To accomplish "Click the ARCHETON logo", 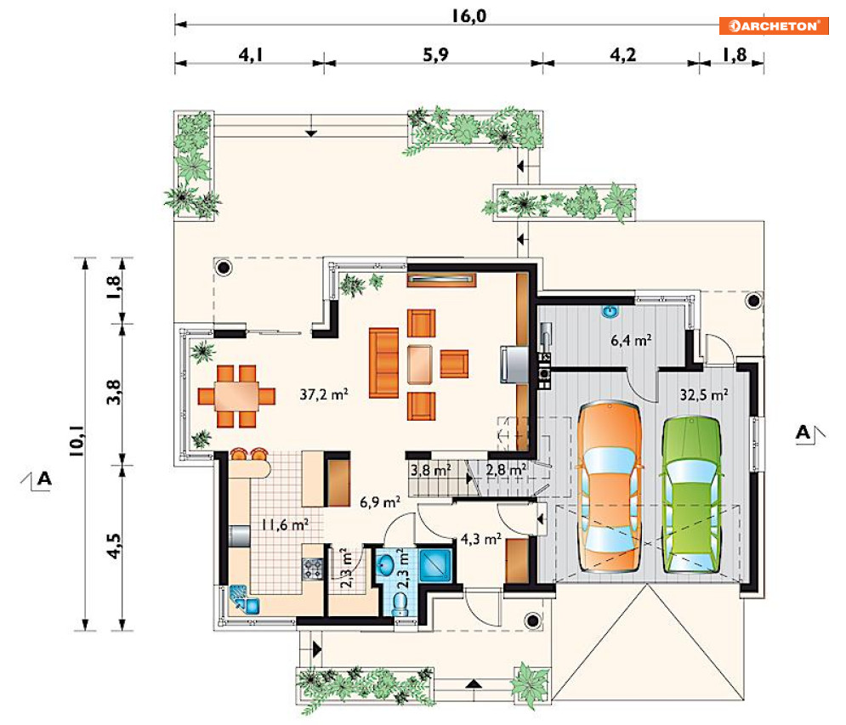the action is coord(774,25).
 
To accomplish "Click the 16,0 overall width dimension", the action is coord(468,16).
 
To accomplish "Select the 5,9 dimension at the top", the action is coord(435,54).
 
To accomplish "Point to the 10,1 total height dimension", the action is coord(77,440).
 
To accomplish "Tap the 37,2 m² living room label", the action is coord(324,394).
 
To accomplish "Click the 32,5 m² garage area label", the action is coord(703,395).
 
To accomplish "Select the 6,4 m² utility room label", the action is coord(631,340).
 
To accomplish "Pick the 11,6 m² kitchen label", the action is coord(285,524).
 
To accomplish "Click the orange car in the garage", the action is coord(610,486).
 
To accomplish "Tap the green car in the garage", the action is coord(692,494).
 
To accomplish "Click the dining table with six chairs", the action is coord(236,396).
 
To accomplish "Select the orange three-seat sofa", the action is coord(383,363).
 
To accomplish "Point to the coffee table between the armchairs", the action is coord(420,364).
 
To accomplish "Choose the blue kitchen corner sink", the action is coord(244,600).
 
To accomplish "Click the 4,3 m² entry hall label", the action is coord(480,539).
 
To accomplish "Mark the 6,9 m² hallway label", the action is coord(380,502).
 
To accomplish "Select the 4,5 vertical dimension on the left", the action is coord(114,546).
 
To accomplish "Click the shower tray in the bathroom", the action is coord(434,565).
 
